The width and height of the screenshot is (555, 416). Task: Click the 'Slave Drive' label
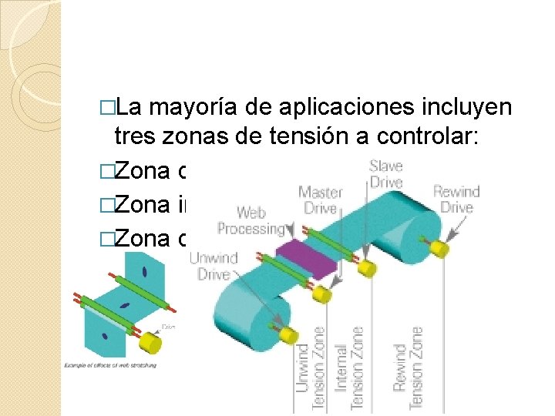click(x=385, y=173)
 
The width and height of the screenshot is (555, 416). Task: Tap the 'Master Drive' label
click(x=320, y=200)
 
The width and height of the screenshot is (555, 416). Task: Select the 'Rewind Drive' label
click(x=456, y=199)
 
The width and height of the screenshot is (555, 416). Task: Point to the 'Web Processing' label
click(x=251, y=220)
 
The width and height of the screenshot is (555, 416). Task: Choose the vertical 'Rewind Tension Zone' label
click(x=406, y=359)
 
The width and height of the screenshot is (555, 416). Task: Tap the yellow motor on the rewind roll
click(x=440, y=248)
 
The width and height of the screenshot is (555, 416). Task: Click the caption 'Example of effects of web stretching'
click(x=109, y=364)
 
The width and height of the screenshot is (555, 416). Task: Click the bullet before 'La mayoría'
click(x=109, y=106)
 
